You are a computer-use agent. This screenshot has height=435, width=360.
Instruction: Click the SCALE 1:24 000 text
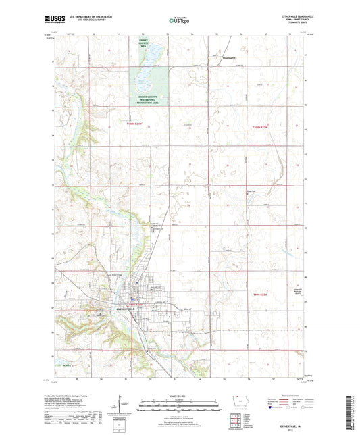click(179, 395)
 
